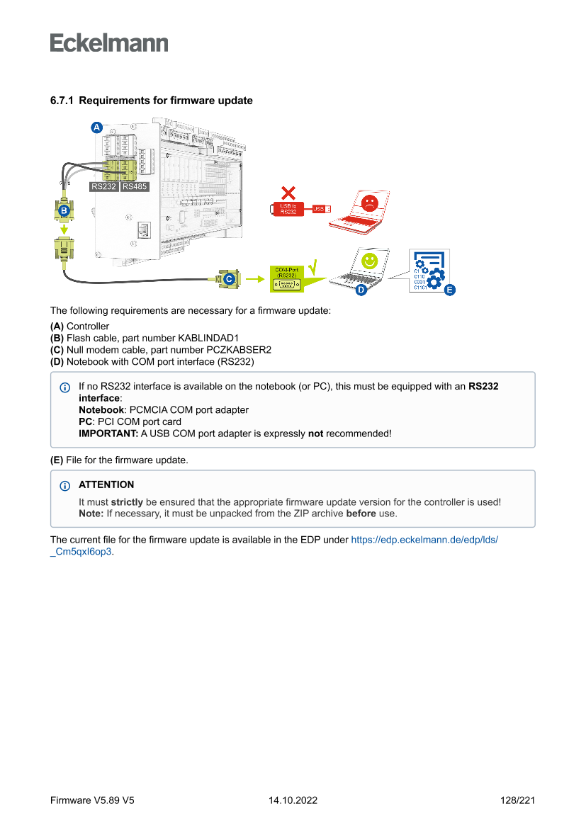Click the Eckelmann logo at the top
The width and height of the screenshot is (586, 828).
coord(109,43)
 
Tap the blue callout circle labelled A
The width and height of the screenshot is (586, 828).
coord(96,127)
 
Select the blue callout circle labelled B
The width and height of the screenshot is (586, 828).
coord(63,211)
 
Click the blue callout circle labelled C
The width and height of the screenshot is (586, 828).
coord(229,280)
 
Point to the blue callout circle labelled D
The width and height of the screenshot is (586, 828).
coord(360,290)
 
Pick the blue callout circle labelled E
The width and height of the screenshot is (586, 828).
coord(449,290)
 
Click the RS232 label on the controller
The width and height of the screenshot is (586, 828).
coord(104,187)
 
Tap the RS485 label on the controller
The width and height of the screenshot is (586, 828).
coord(134,187)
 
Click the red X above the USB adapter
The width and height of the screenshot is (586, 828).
coord(288,192)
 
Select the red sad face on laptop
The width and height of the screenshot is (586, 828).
coord(369,203)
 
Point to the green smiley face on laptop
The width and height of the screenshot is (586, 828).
coord(369,261)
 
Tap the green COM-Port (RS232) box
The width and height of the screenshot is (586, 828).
coord(287,279)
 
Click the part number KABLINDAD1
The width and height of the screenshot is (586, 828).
coord(208,338)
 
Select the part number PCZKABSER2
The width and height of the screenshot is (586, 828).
coord(237,350)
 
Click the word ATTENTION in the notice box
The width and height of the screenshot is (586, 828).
coord(106,485)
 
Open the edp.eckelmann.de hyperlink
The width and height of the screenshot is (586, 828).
coord(424,540)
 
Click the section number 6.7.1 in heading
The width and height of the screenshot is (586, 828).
coord(62,101)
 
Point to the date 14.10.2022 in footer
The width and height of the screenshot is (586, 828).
coord(293,800)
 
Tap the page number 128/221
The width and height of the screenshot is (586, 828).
coord(517,800)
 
